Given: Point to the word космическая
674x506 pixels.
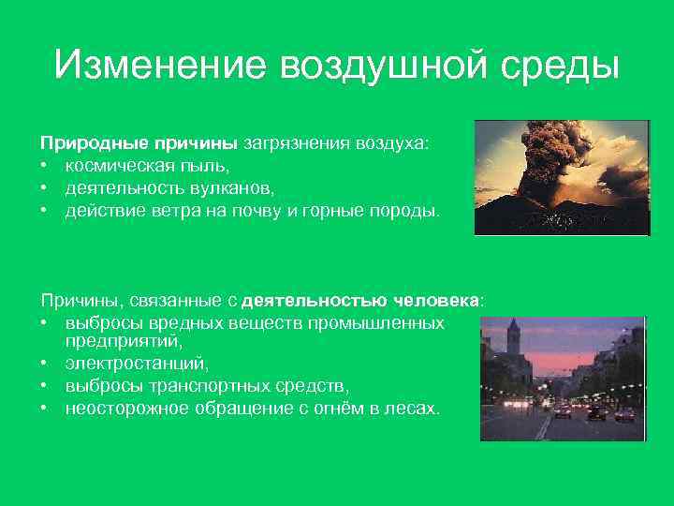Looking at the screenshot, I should pos(112,165).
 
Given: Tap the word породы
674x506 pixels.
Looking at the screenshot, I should pos(404,211).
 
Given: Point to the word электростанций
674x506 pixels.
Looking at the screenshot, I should pos(137,364).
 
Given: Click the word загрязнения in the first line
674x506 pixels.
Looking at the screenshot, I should pos(295,143).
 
